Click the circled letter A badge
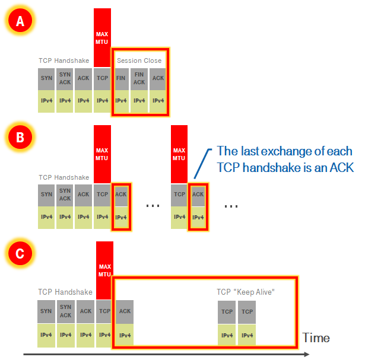pyautogui.click(x=20, y=22)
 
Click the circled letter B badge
pyautogui.click(x=20, y=138)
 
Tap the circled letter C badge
pyautogui.click(x=20, y=254)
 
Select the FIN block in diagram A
pyautogui.click(x=120, y=78)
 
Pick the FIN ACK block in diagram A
pyautogui.click(x=139, y=78)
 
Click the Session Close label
pyautogui.click(x=139, y=60)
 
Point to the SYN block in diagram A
pyautogui.click(x=47, y=78)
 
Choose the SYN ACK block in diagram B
pyautogui.click(x=65, y=195)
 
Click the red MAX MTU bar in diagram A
pyautogui.click(x=102, y=37)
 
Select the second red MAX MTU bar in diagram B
pyautogui.click(x=179, y=153)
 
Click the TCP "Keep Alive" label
pyautogui.click(x=246, y=292)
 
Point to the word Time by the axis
pyautogui.click(x=316, y=338)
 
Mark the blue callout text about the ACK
pyautogui.click(x=285, y=159)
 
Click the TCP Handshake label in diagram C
pyautogui.click(x=65, y=292)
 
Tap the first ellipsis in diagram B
pyautogui.click(x=153, y=205)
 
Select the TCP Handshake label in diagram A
pyautogui.click(x=64, y=60)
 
